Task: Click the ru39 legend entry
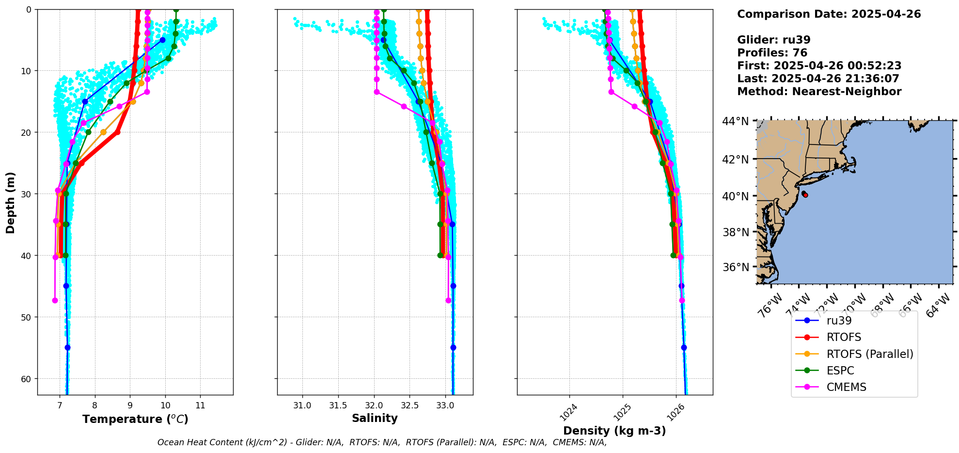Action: tap(839, 321)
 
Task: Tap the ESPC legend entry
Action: tap(840, 371)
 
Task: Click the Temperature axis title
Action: tap(135, 419)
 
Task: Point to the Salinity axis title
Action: tap(375, 419)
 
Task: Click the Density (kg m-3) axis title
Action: tap(614, 431)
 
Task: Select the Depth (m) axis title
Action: tap(11, 202)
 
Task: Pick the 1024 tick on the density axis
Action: tap(568, 412)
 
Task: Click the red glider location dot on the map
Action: tap(805, 195)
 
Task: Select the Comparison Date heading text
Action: tap(829, 14)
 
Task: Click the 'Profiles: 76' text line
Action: tap(772, 53)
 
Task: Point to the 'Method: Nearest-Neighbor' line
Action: tap(819, 92)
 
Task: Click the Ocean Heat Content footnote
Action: tap(382, 442)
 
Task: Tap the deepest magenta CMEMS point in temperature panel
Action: tap(55, 301)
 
